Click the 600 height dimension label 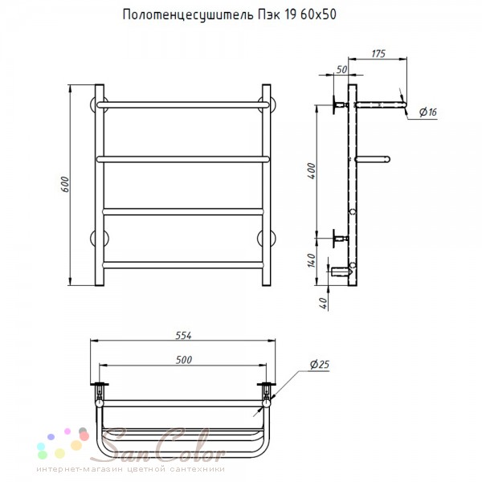coord(65,185)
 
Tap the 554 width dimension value coord(183,336)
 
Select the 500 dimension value coord(184,360)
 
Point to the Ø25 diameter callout coord(320,365)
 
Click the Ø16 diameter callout coord(428,112)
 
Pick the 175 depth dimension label coord(378,54)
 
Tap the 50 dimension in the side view coord(341,70)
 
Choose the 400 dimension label coord(312,171)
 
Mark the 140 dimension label coord(312,260)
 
